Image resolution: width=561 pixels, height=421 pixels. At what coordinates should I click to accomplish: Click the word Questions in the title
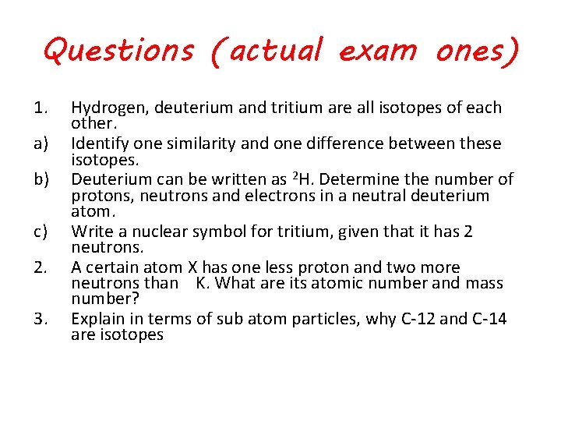118,51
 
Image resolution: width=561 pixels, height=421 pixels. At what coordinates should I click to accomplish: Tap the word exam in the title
378,51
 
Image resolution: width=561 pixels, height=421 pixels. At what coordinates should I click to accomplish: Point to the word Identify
99,144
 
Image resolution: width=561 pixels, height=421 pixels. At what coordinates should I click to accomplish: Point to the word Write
90,232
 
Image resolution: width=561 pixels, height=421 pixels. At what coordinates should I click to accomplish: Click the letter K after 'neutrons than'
203,284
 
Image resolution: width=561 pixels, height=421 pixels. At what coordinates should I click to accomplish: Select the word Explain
97,319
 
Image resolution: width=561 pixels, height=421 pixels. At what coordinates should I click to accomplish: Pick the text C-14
487,319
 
